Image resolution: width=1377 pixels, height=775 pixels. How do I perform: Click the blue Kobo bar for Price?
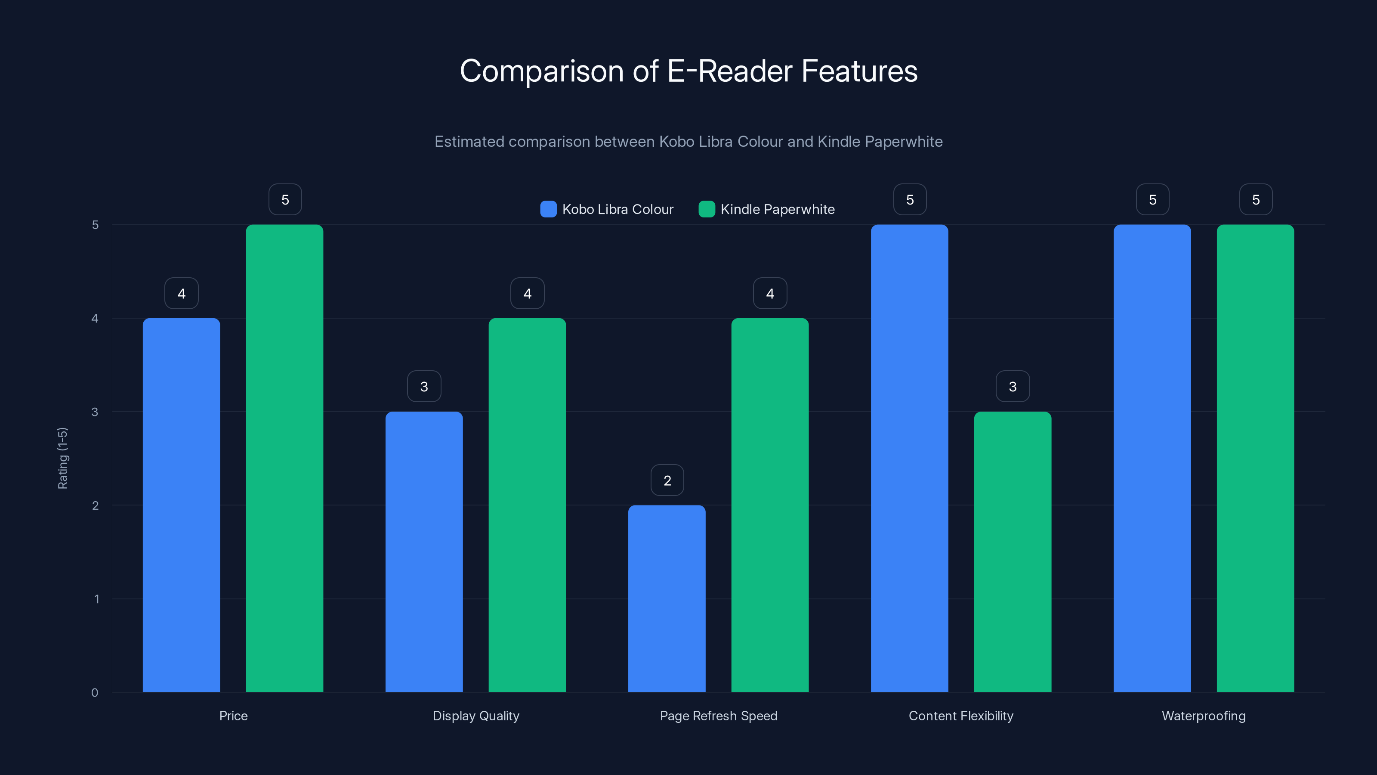[181, 505]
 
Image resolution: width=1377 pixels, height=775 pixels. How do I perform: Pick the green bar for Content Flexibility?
[1013, 552]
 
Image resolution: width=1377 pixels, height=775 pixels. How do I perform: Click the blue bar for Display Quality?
[424, 552]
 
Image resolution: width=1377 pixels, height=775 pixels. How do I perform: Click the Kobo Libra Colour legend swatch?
[549, 209]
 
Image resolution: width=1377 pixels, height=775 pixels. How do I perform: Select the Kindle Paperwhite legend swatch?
[707, 209]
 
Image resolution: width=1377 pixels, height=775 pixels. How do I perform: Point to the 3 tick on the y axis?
[95, 412]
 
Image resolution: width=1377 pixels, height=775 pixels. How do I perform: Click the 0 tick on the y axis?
[95, 693]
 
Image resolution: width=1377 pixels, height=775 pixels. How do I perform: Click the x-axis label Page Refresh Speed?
[719, 716]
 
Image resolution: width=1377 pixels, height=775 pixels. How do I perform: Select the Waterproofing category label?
[1203, 716]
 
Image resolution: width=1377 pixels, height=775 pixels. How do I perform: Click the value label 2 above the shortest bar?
[667, 480]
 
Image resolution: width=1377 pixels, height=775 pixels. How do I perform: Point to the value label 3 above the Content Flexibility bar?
[1013, 386]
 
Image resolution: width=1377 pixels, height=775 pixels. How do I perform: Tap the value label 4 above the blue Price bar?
[181, 293]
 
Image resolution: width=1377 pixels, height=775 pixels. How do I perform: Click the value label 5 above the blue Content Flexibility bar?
[910, 199]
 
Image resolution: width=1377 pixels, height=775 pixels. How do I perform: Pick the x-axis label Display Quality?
[476, 716]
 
